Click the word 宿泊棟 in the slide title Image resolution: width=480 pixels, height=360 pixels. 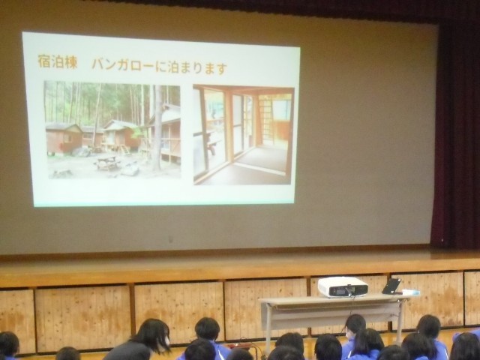[x=58, y=61]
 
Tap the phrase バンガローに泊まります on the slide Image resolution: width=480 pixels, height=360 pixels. [x=160, y=67]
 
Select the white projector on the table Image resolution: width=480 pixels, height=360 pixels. [x=343, y=286]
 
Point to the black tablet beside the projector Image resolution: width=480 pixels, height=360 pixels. [x=391, y=286]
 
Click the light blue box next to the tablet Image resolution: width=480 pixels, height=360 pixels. [x=410, y=292]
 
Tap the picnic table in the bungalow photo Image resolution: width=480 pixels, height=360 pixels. [x=107, y=163]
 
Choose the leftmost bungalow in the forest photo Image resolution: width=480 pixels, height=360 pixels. [x=63, y=138]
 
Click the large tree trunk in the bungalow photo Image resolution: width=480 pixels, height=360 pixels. [x=157, y=127]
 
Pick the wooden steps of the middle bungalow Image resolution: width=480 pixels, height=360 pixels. [x=125, y=150]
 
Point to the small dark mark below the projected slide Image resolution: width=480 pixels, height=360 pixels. [x=170, y=238]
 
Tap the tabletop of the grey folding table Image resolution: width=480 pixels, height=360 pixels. [x=334, y=298]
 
